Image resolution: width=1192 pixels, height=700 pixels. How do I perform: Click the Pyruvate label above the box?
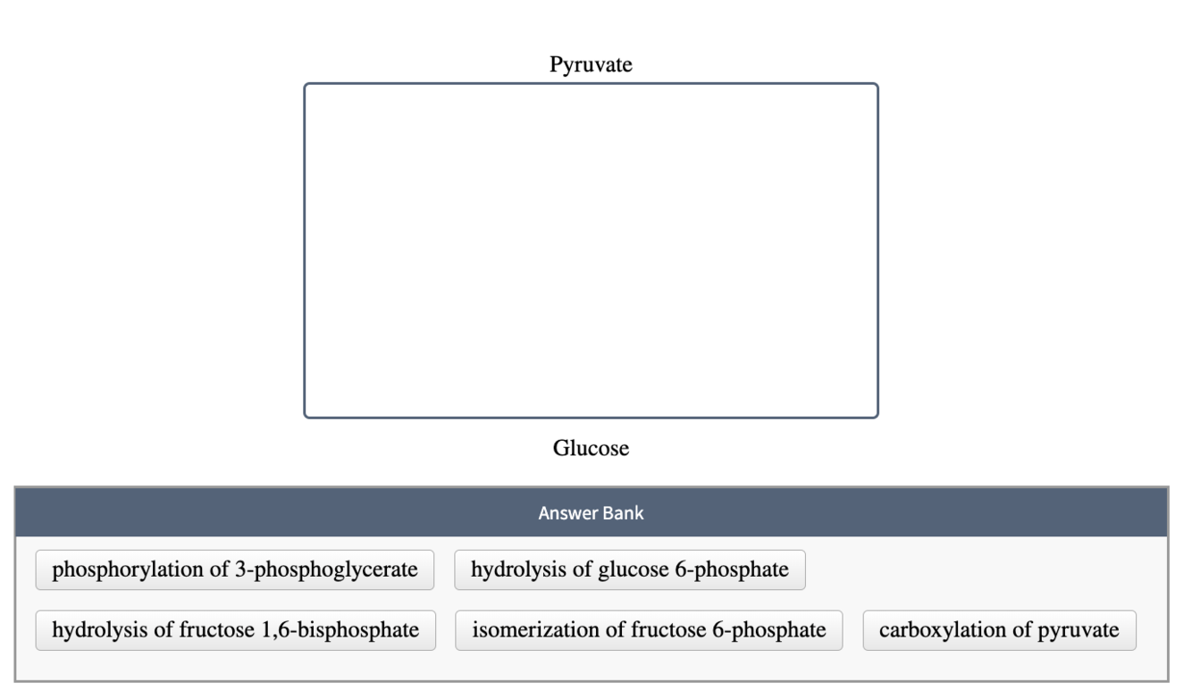click(591, 64)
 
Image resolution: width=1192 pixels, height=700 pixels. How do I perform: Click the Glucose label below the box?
click(591, 448)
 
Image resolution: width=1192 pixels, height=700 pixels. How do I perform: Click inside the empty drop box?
click(591, 250)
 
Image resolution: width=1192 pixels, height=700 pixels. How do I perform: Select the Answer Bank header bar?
click(591, 513)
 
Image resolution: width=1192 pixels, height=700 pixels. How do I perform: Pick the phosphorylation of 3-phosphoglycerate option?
click(235, 570)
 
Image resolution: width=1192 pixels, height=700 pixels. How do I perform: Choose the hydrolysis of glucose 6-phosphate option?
click(630, 570)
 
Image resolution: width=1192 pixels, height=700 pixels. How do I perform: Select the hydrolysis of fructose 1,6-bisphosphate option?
click(236, 630)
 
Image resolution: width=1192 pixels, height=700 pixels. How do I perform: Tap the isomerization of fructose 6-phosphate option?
click(649, 630)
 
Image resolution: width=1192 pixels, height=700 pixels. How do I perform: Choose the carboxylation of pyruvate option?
click(999, 630)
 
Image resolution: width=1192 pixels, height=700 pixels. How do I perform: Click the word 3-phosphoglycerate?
click(336, 570)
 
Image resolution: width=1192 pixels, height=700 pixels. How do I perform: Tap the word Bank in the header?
click(625, 513)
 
